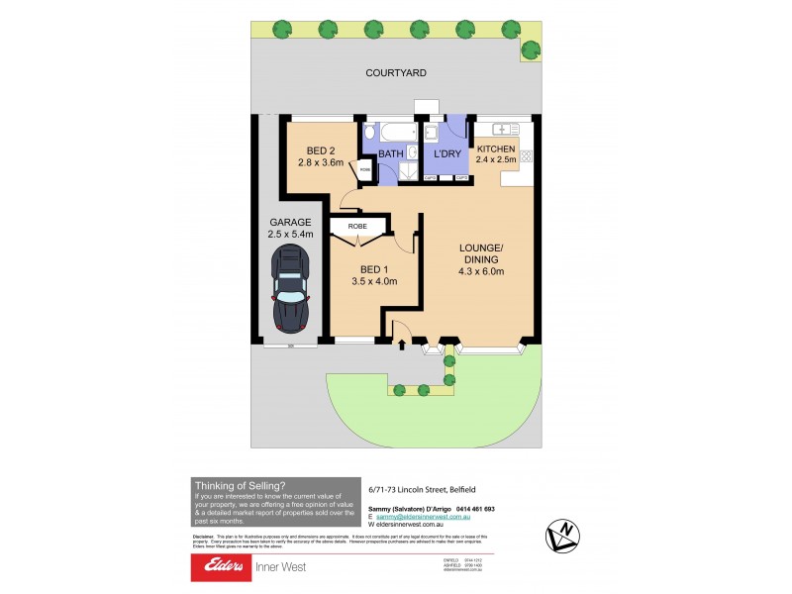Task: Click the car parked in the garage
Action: [291, 288]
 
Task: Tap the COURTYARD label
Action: [395, 73]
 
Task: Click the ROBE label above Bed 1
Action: [357, 227]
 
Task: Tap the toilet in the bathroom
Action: [369, 132]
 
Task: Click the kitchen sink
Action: [505, 129]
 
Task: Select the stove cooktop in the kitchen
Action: [526, 155]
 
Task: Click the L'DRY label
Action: [445, 154]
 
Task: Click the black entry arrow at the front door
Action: [402, 346]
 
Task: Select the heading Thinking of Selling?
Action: [241, 485]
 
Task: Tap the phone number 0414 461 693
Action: [471, 509]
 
